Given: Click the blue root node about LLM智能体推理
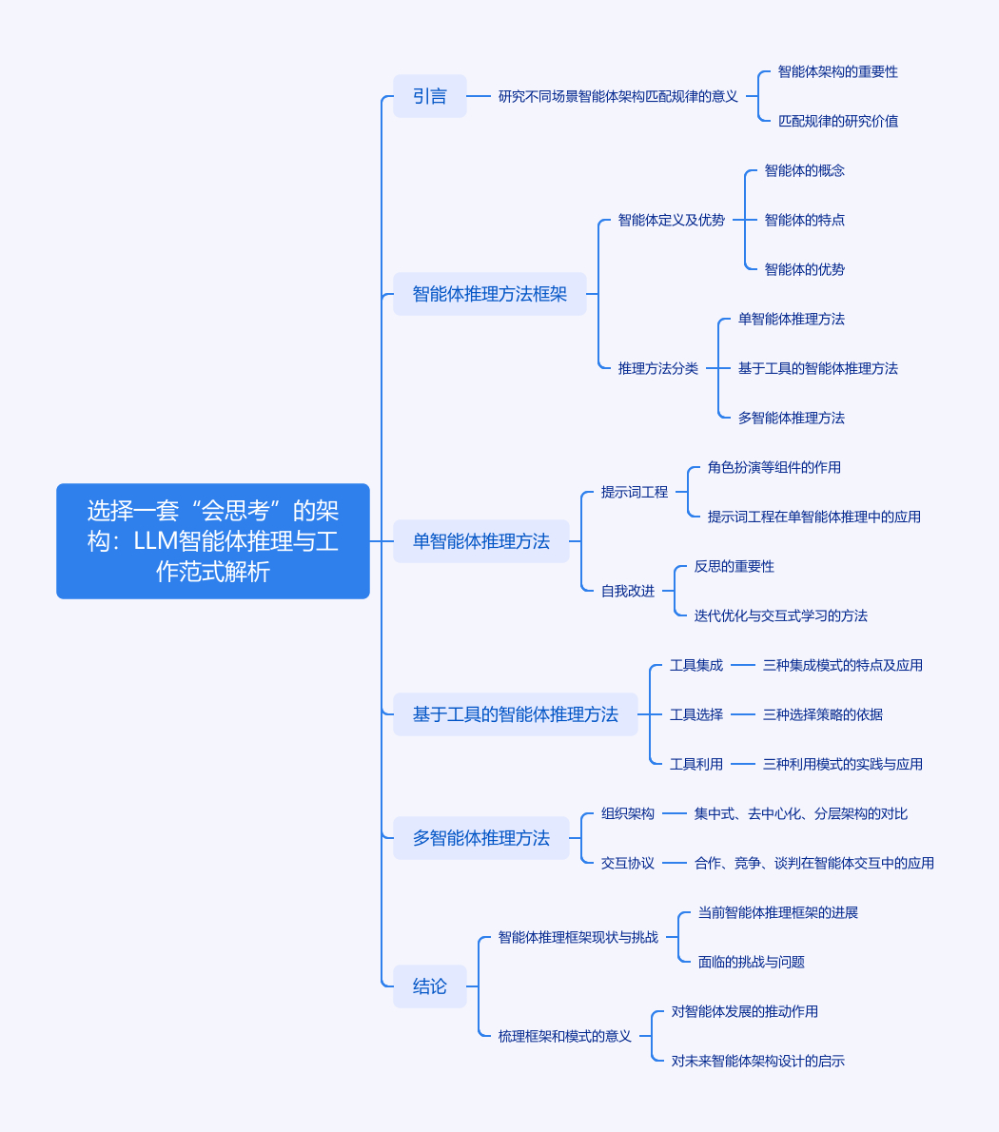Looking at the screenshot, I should click(212, 541).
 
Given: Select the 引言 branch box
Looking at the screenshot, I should click(430, 96).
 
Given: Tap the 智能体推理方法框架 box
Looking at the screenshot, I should click(489, 294).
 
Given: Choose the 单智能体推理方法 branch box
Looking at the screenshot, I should click(480, 541).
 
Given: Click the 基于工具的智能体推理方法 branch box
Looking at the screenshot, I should click(515, 714).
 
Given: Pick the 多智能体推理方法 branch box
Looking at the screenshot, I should click(480, 838).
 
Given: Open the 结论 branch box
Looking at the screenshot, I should click(430, 986).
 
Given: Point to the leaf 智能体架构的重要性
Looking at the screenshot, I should click(837, 71).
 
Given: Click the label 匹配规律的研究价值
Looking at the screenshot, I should click(837, 121).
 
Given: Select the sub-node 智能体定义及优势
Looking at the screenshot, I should click(671, 220).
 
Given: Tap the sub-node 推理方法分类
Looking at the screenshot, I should click(657, 368).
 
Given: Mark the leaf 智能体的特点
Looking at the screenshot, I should click(804, 220).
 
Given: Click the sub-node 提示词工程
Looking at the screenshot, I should click(634, 492).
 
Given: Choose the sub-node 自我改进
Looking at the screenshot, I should click(627, 591).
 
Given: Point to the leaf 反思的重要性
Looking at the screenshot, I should click(734, 566).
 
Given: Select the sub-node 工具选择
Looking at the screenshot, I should click(695, 714).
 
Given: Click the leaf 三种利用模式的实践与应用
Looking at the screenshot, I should click(842, 764).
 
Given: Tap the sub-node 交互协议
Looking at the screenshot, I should click(627, 863).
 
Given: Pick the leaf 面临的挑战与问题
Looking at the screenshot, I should click(751, 962).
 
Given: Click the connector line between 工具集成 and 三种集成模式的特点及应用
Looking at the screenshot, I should click(743, 665).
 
